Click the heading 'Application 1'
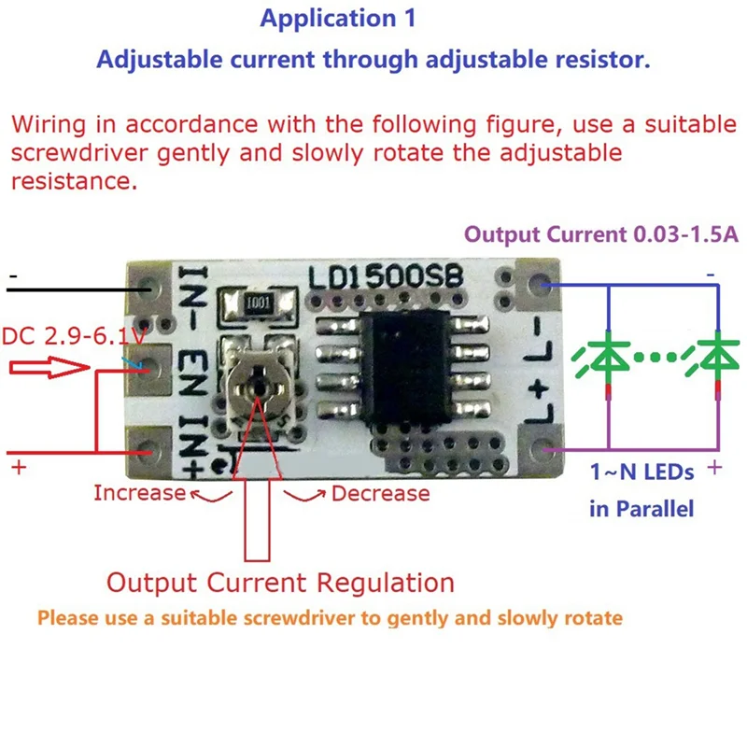click(x=338, y=19)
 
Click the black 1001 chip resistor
click(x=259, y=303)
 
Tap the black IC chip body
click(x=406, y=367)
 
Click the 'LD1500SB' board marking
click(x=386, y=277)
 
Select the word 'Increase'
click(x=139, y=493)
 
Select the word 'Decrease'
click(x=381, y=494)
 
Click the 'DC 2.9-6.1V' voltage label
click(x=74, y=336)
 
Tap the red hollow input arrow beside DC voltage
click(x=49, y=367)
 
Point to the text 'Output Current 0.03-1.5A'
click(x=601, y=234)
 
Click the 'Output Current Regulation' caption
click(x=281, y=583)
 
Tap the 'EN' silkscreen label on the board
click(x=193, y=373)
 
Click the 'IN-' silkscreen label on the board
click(x=193, y=297)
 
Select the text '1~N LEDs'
click(x=641, y=472)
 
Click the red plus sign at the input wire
click(x=19, y=468)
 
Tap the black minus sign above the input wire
click(x=13, y=275)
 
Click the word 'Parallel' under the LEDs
click(x=655, y=509)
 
